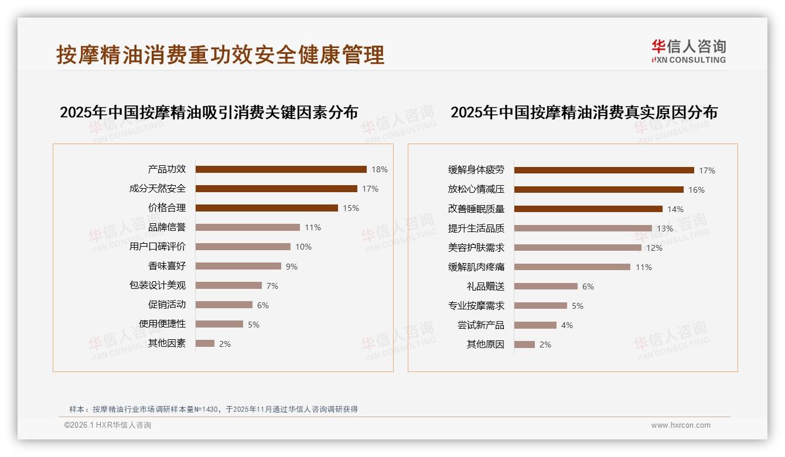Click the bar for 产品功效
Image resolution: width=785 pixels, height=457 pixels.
[x=281, y=169]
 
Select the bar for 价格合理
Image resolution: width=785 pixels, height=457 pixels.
[x=267, y=208]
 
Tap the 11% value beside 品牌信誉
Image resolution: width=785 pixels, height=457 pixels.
[x=313, y=227]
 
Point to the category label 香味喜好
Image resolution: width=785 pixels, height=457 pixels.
[x=167, y=266]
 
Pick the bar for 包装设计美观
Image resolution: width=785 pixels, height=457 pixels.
[x=228, y=285]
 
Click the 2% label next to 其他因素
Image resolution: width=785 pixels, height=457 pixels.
[x=225, y=344]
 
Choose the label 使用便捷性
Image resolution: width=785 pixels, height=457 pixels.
[x=162, y=324]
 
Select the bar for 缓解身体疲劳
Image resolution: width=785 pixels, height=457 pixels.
[x=604, y=170]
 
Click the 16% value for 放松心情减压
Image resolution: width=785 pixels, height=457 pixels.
[x=697, y=190]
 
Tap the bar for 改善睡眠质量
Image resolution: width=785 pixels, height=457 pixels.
[x=588, y=209]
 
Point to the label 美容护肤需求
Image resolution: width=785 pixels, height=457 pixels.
[x=476, y=248]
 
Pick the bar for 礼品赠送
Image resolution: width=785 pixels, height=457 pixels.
[x=546, y=287]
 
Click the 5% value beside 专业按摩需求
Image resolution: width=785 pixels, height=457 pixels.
[x=578, y=306]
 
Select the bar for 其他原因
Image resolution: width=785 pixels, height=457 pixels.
[x=524, y=345]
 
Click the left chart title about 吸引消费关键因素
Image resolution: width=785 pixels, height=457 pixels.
[x=209, y=112]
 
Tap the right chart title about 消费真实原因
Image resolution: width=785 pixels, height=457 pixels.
[x=583, y=112]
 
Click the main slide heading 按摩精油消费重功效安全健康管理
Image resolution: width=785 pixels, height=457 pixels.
[x=220, y=54]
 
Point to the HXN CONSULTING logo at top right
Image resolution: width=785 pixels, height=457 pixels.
[x=688, y=52]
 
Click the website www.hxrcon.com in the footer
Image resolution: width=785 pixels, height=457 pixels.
[x=680, y=425]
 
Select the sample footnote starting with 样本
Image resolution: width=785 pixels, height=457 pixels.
[x=213, y=410]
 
